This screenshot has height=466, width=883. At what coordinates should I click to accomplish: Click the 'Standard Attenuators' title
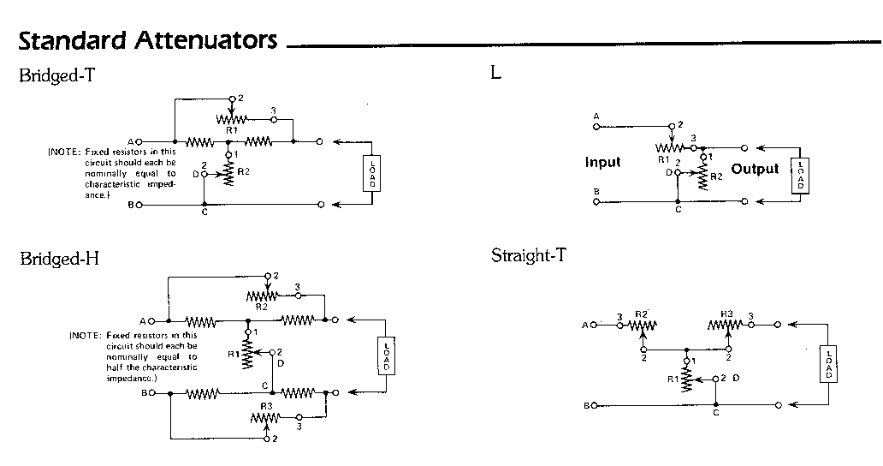point(148,39)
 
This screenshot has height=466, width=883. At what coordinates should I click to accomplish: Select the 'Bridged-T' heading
point(56,75)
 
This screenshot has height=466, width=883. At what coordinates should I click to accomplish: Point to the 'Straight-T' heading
point(528,255)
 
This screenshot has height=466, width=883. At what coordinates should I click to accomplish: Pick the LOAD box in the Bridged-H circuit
point(386,355)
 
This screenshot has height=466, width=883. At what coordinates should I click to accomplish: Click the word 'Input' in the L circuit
point(603,162)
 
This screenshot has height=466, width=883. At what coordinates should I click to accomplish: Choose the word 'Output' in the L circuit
point(755,169)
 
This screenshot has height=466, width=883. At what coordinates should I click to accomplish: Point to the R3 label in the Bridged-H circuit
point(266,407)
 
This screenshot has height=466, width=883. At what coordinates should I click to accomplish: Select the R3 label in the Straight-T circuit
point(727,314)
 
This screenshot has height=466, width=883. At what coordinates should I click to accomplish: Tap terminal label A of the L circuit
point(596,116)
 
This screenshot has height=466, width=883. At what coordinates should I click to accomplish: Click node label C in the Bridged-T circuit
point(204,212)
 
